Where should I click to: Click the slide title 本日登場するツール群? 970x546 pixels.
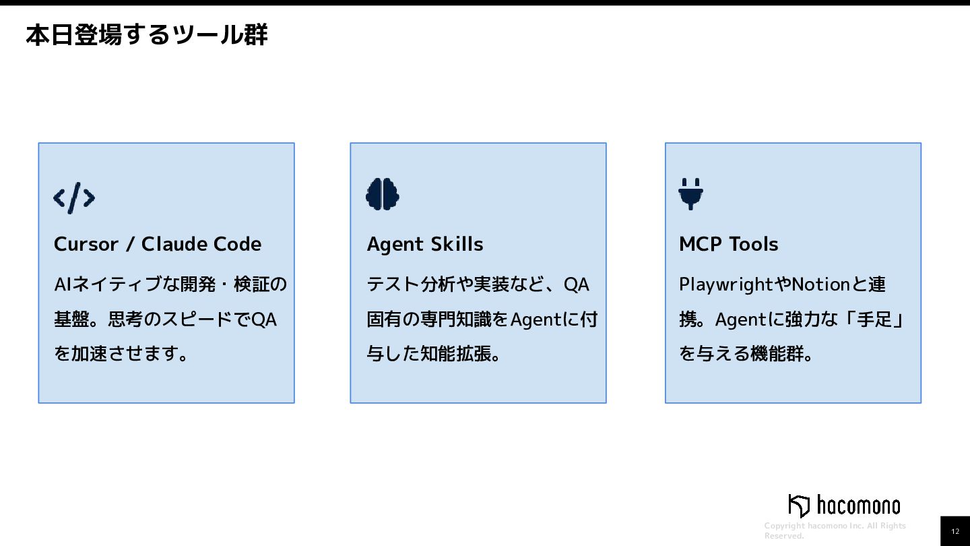146,34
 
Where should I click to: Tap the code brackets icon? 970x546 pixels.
74,198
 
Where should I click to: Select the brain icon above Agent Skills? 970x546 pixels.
383,194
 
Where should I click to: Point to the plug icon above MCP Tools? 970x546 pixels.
691,193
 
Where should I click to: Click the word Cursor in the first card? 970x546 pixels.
86,244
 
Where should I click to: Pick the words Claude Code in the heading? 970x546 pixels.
201,244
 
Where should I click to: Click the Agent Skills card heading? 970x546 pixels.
425,244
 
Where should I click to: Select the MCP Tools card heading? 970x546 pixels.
728,244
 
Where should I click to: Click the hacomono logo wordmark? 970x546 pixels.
858,505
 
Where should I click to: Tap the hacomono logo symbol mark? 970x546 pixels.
799,506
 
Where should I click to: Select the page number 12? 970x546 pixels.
955,531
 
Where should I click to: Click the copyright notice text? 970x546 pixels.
835,530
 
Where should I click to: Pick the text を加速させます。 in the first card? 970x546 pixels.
121,353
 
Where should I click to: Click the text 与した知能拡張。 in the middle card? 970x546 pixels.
434,353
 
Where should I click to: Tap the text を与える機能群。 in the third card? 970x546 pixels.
746,353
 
